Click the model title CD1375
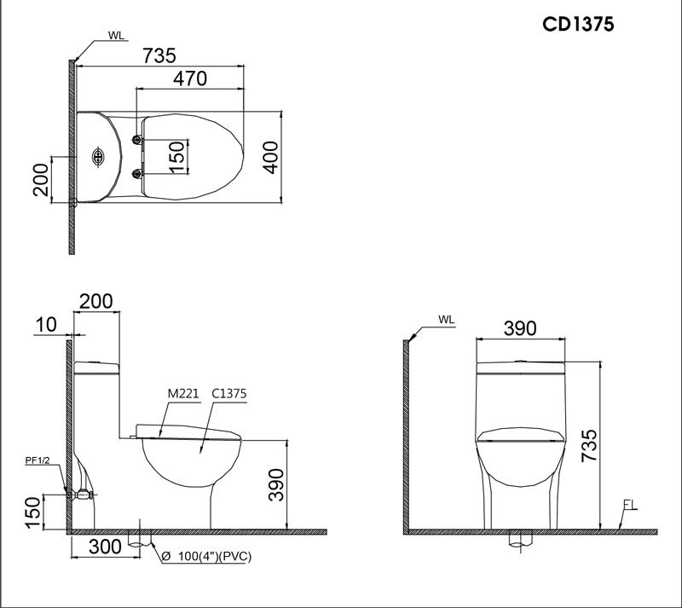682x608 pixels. (579, 23)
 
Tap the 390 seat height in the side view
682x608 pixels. (273, 487)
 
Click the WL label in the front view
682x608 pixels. (446, 320)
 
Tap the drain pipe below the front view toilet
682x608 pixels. (518, 538)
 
